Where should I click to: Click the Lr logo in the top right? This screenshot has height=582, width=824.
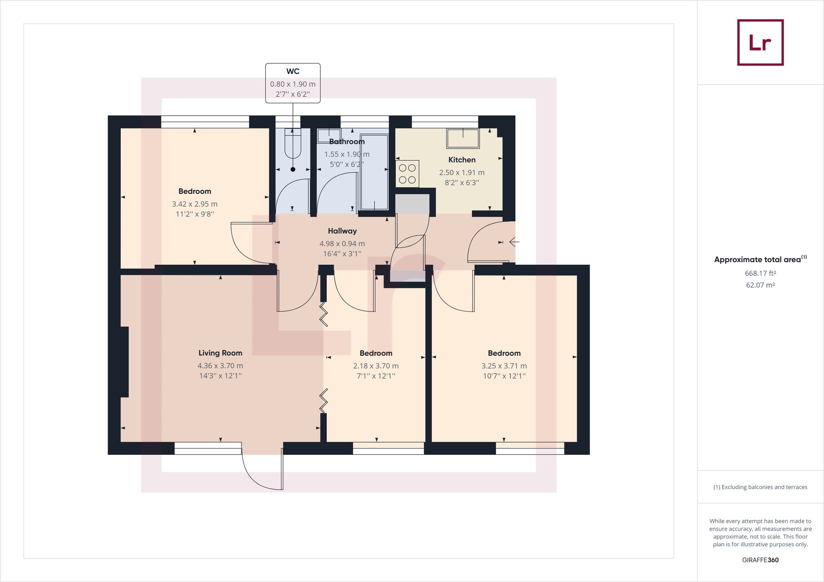tap(760, 42)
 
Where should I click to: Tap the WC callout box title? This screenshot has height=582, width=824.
tap(293, 71)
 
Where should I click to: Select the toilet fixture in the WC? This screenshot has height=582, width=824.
tap(293, 143)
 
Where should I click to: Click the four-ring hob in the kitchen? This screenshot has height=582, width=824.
tap(407, 173)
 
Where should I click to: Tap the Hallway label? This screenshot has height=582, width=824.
tap(342, 231)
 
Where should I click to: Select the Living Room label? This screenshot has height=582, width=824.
tap(220, 353)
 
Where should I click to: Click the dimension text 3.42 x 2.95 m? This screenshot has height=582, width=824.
tap(194, 204)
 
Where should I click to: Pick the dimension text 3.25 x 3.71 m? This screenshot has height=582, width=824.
tap(504, 365)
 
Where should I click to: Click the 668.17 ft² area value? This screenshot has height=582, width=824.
tap(760, 273)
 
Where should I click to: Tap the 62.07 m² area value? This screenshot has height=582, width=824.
tap(760, 285)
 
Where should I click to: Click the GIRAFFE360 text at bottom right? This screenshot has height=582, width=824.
tap(760, 560)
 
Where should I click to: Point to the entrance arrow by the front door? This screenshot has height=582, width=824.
tap(514, 242)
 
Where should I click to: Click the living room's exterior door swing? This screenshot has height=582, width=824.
tap(264, 471)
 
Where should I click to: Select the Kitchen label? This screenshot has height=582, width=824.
tap(461, 160)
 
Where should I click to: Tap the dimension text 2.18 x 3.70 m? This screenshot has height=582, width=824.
tap(375, 365)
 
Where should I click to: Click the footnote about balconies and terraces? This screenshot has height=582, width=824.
tap(760, 487)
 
